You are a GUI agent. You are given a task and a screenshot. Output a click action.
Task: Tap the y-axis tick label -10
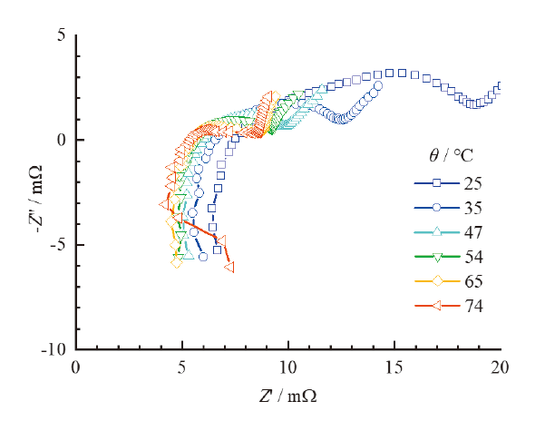[x=56, y=349]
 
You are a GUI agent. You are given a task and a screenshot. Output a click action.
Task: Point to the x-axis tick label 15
[x=394, y=367]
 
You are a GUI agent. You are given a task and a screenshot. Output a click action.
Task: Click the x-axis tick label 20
[x=500, y=367]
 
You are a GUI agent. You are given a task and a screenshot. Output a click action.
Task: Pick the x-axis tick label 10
[x=288, y=367]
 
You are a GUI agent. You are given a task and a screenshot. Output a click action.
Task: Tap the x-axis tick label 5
[x=182, y=367]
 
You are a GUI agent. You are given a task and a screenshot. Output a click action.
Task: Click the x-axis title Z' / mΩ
[x=287, y=397]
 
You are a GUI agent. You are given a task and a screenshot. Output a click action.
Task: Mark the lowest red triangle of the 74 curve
[x=229, y=267]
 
